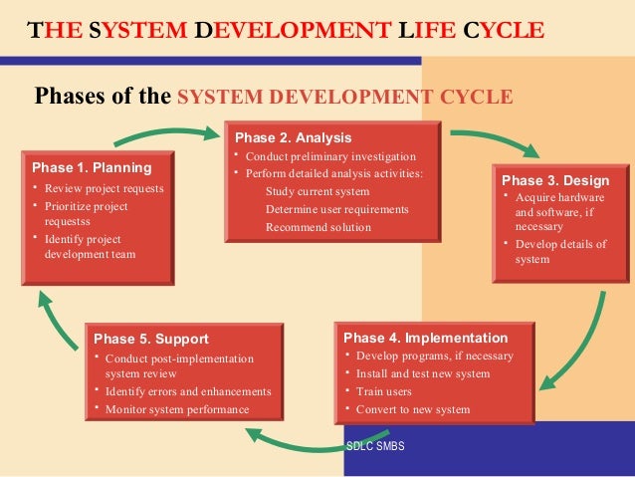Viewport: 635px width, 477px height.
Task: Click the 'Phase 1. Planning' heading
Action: (x=92, y=167)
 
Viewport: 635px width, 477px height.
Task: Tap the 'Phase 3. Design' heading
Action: (x=555, y=180)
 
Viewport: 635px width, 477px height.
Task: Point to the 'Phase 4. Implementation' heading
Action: (x=425, y=338)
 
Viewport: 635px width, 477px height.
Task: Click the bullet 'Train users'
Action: (x=384, y=391)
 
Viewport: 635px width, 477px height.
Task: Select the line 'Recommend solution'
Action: (x=317, y=227)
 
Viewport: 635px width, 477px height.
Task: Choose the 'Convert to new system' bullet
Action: (x=413, y=409)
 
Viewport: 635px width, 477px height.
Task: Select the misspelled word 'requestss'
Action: (x=68, y=221)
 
